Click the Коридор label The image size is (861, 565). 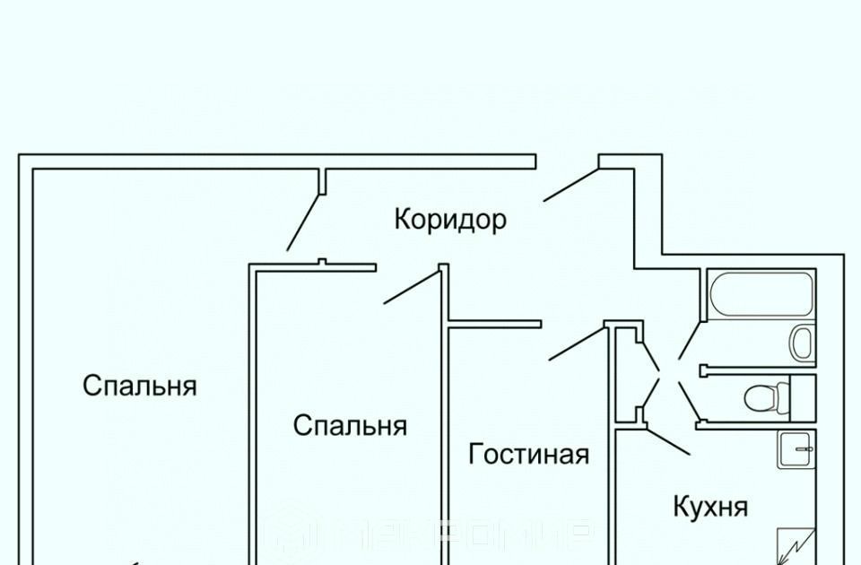pos(450,219)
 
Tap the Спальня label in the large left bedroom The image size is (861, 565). pos(140,386)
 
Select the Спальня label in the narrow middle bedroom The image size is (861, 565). pos(350,425)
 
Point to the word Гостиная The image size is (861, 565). pos(529,454)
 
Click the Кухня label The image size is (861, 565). pos(710,507)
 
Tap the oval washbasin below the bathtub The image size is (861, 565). pos(802,342)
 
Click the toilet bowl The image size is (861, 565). pos(761,395)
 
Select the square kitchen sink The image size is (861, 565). pos(796,448)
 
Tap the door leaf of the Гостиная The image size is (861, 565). pos(578,344)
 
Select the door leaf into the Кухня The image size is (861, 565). pos(669,442)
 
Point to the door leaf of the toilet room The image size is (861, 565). pos(688,399)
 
